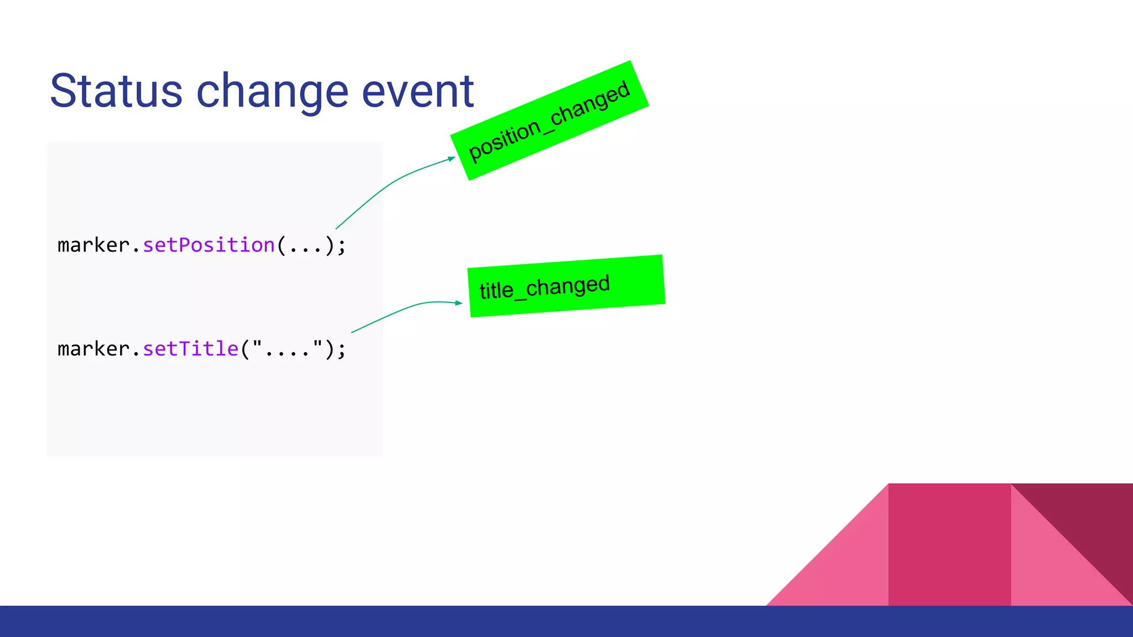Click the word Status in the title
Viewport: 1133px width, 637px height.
click(116, 91)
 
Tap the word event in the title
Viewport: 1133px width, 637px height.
click(418, 91)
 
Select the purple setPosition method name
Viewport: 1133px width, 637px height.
click(209, 245)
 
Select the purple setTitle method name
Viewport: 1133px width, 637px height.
click(190, 349)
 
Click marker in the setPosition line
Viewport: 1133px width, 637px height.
click(93, 245)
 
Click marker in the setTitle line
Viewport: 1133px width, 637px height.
click(93, 349)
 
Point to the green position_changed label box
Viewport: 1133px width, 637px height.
click(549, 121)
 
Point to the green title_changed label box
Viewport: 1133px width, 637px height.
click(566, 286)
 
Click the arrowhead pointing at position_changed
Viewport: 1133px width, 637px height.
click(451, 159)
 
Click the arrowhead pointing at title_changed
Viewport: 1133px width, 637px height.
click(459, 302)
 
